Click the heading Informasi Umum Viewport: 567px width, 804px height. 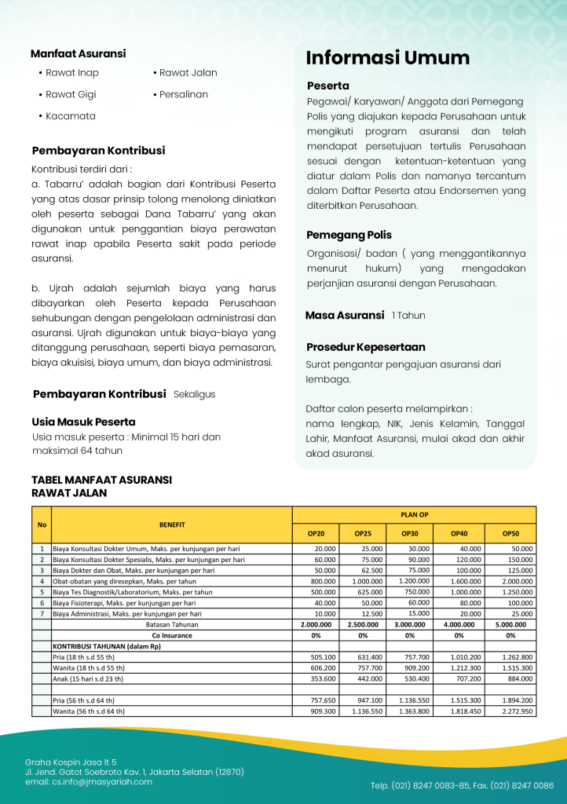(x=387, y=58)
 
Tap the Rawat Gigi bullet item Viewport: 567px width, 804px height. (x=70, y=95)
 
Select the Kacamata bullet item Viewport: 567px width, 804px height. (x=70, y=116)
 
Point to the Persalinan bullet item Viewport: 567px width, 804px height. (x=183, y=95)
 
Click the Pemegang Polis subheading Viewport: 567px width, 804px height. (x=349, y=235)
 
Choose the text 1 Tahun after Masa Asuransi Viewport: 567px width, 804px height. (x=408, y=316)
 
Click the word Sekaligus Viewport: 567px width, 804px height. (x=194, y=394)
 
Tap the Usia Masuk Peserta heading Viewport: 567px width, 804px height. (x=83, y=422)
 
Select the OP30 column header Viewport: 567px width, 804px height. (x=409, y=534)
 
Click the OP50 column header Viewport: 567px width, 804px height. (x=510, y=534)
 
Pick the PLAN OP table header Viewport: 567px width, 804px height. (x=414, y=515)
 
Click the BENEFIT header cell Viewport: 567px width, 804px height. (x=172, y=524)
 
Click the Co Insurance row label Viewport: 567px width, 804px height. (x=172, y=635)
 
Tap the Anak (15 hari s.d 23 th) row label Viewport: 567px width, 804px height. (x=88, y=678)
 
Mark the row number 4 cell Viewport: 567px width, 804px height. (x=42, y=581)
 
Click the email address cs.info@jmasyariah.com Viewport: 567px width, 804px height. (x=89, y=782)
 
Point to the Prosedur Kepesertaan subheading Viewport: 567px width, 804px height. (x=365, y=347)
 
